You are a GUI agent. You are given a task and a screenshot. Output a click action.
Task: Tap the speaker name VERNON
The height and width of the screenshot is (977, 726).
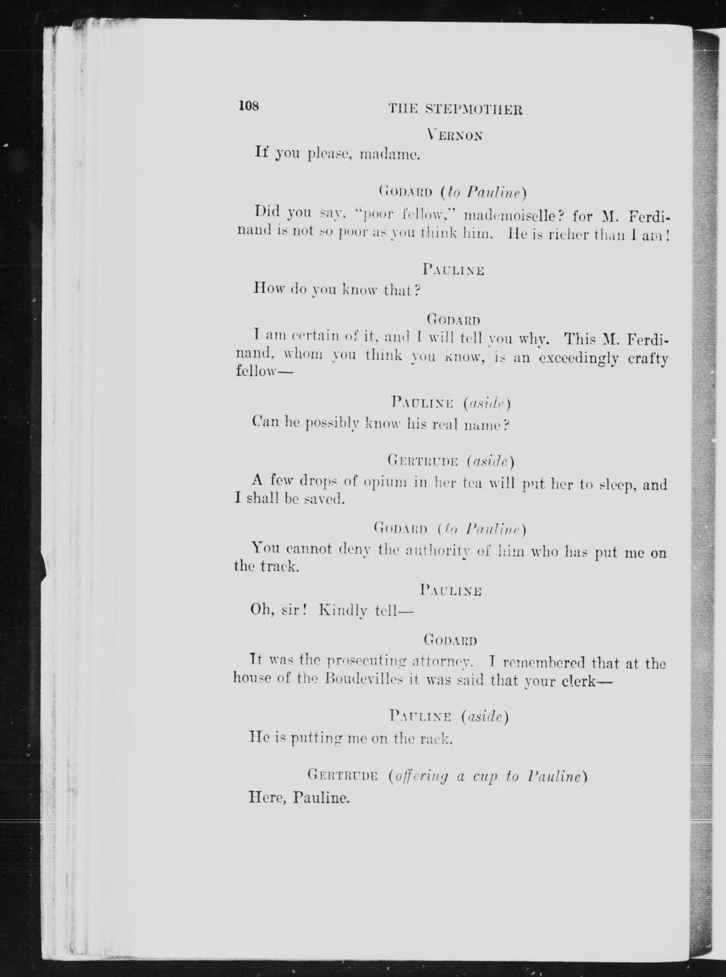455,136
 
